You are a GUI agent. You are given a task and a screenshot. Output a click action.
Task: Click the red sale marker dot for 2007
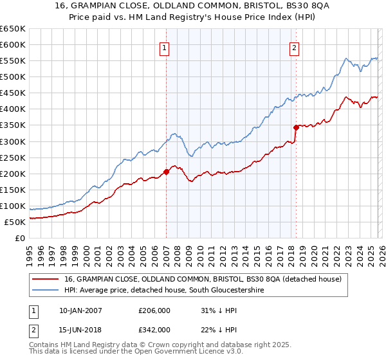click(166, 172)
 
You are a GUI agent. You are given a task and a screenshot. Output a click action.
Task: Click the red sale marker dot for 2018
click(296, 127)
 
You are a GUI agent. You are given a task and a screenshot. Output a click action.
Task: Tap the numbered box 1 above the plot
click(165, 48)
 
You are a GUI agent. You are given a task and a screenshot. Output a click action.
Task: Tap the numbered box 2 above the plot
click(294, 48)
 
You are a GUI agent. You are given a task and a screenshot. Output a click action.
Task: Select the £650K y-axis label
click(13, 29)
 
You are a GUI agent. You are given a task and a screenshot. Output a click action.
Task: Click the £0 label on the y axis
click(19, 238)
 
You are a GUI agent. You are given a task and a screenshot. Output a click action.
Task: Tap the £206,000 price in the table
click(154, 310)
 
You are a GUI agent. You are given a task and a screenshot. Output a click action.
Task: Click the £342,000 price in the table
click(154, 329)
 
